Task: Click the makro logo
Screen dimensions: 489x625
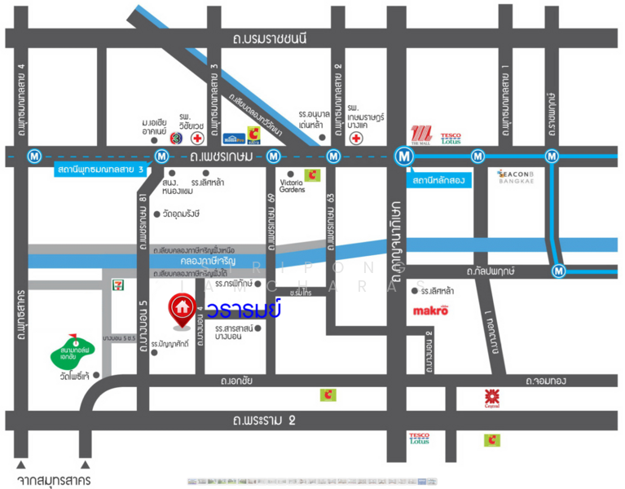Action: point(431,310)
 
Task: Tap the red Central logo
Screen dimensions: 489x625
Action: point(491,397)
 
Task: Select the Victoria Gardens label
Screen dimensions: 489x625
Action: point(292,185)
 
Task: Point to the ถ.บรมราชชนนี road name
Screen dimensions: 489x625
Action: point(269,37)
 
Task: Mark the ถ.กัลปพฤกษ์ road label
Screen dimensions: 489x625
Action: point(491,270)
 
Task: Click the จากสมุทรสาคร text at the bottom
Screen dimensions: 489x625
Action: point(53,474)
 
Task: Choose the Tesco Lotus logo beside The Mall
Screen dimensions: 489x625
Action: point(451,139)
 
